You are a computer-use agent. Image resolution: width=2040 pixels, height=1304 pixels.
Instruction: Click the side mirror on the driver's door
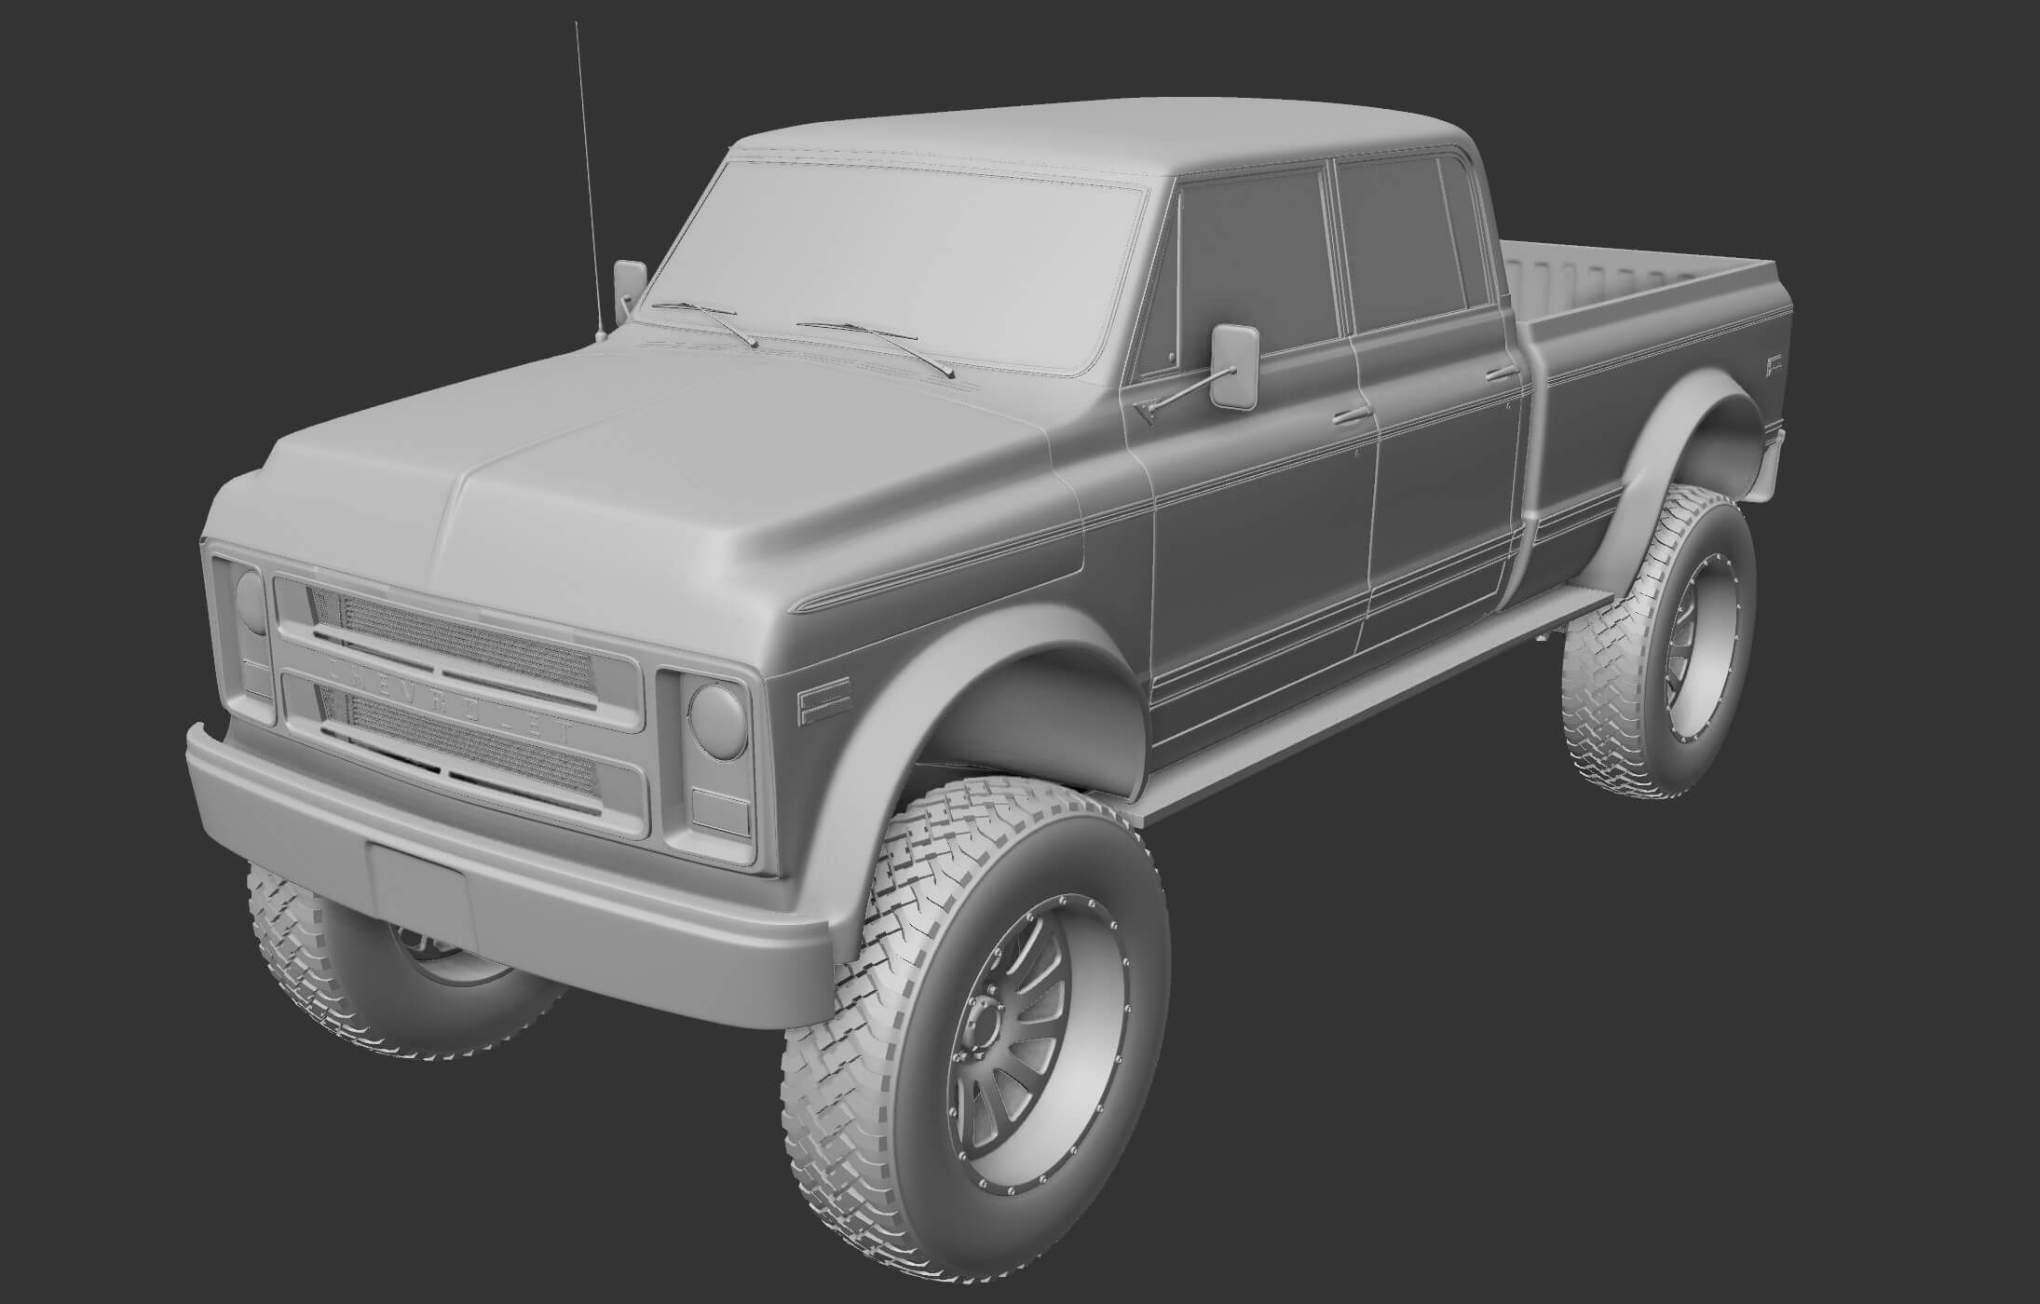click(x=1234, y=365)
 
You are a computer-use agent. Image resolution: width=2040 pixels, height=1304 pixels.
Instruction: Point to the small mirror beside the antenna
click(x=630, y=283)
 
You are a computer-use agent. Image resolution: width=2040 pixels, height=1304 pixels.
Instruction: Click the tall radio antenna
click(x=589, y=177)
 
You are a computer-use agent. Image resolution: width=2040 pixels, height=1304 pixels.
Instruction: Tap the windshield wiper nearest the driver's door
click(x=876, y=347)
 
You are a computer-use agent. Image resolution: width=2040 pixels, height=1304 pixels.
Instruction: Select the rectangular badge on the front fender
click(x=821, y=706)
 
